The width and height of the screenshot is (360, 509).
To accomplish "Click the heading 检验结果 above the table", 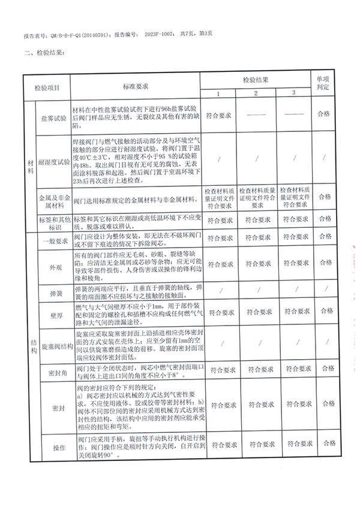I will tap(45, 53).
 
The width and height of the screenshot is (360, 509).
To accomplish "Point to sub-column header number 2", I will tap(255, 93).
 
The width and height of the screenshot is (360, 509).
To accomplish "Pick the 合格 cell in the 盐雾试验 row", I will tap(324, 113).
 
